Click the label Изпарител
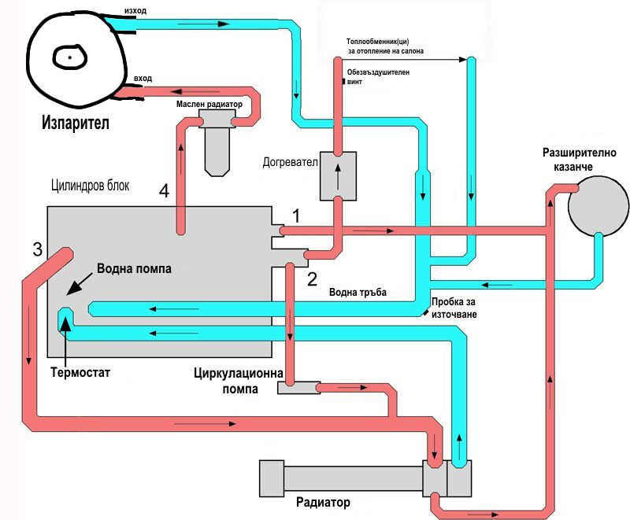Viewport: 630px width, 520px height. tap(75, 124)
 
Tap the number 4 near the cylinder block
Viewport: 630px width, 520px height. tap(164, 191)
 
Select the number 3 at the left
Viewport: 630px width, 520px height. tap(37, 250)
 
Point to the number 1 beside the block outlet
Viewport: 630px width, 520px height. tap(296, 215)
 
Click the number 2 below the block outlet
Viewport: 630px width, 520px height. tap(312, 278)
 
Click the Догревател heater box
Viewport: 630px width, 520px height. tap(339, 176)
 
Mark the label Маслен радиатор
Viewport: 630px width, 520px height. tap(209, 103)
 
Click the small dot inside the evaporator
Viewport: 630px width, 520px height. tap(69, 57)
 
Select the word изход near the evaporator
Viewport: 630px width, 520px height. tap(135, 10)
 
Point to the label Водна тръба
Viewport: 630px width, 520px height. tap(358, 292)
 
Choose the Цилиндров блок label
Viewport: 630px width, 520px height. tap(89, 186)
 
